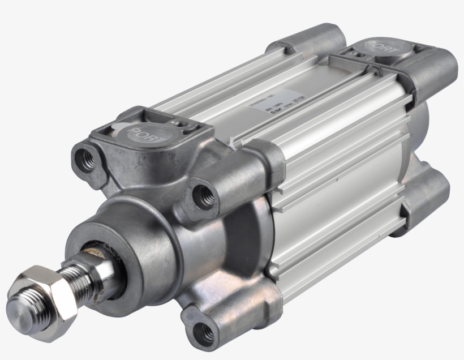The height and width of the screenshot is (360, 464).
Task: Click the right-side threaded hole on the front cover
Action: [203, 195]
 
